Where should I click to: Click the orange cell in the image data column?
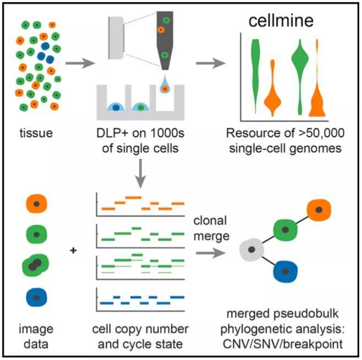pos(36,204)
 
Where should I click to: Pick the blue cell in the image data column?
pos(36,297)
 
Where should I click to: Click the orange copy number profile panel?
pos(141,203)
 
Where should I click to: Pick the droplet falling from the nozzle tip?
pos(164,86)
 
